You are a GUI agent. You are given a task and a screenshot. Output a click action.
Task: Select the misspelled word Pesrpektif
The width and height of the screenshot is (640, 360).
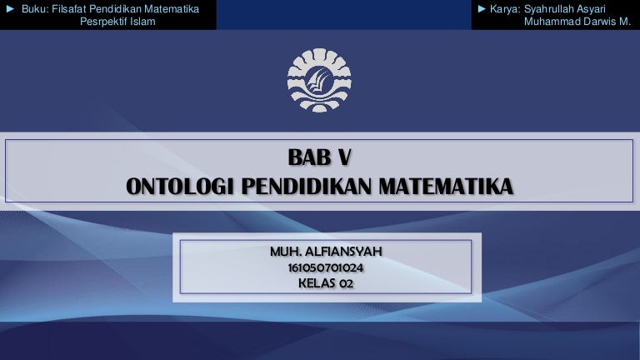[x=102, y=22]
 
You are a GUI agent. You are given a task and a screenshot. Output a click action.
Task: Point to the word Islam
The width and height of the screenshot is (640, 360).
[x=142, y=22]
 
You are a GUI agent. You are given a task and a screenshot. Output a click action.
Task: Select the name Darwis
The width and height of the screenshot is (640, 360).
[x=597, y=22]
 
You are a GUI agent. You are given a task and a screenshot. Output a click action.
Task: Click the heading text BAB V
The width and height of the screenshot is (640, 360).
[x=320, y=157]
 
